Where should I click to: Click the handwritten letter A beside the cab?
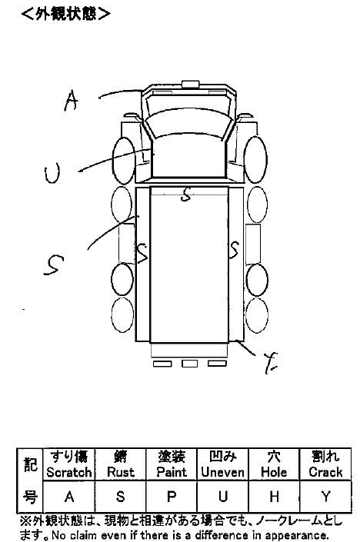[72, 101]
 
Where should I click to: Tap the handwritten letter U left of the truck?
[52, 174]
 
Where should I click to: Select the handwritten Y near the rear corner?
[271, 363]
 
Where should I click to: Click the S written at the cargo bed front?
[186, 195]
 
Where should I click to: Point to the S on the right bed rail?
[234, 250]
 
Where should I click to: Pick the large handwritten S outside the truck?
[54, 264]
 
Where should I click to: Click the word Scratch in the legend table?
[69, 472]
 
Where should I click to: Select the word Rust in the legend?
[120, 472]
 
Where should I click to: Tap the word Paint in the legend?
[172, 472]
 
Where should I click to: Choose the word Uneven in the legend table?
[223, 472]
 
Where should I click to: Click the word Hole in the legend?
[274, 472]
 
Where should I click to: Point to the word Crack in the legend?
[325, 472]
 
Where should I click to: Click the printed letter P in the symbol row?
[172, 497]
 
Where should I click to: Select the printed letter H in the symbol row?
[274, 497]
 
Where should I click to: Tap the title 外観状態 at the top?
[65, 14]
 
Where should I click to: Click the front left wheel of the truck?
[124, 161]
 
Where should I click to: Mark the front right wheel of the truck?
[255, 159]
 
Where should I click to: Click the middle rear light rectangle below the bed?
[189, 364]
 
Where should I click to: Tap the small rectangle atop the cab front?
[191, 85]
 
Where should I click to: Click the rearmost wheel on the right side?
[257, 315]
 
